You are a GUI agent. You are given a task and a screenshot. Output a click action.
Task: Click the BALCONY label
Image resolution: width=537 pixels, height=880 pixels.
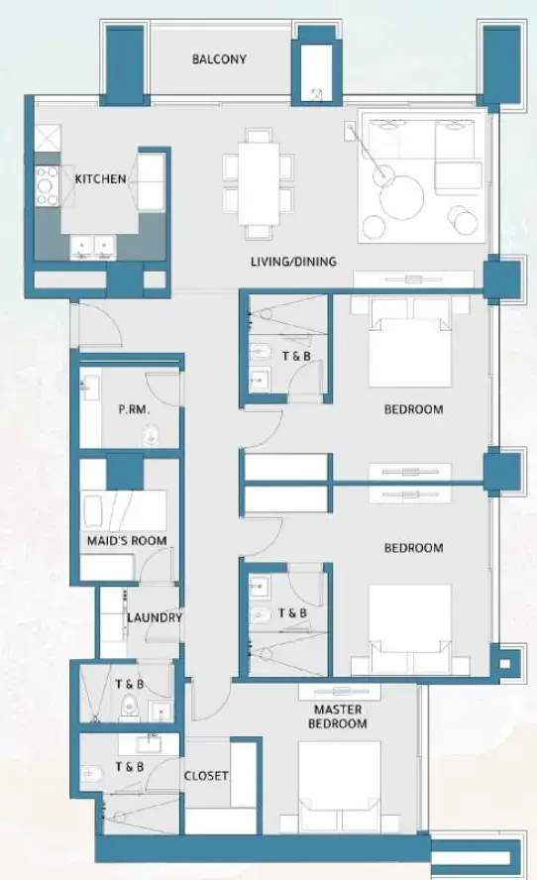219,59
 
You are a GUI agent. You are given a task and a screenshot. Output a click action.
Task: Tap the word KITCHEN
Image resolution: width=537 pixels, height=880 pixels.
100,179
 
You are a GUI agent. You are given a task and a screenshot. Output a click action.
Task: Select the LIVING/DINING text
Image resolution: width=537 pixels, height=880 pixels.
293,263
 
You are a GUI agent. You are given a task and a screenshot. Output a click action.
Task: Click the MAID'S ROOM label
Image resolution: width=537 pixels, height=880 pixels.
126,541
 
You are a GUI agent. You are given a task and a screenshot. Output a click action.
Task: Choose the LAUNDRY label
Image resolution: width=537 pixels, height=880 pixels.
154,618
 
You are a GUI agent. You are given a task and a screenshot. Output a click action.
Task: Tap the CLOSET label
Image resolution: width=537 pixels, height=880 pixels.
206,776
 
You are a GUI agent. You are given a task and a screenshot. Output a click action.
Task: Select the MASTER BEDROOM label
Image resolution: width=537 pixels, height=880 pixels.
338,716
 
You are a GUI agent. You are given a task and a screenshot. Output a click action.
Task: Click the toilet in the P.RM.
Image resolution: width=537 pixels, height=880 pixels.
152,435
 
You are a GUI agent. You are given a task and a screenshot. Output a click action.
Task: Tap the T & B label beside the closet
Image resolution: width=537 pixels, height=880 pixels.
129,767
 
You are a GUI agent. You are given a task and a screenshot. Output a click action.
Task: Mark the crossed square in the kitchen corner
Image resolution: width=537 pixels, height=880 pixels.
49,137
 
